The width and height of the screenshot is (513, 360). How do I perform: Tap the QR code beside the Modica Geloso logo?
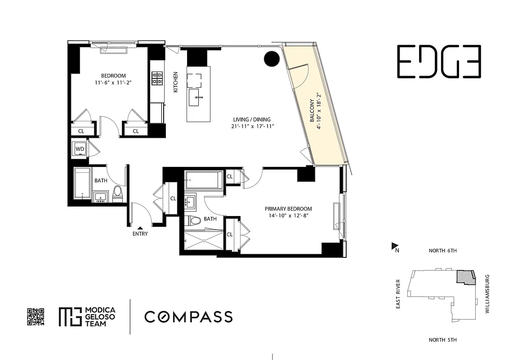[x=36, y=316]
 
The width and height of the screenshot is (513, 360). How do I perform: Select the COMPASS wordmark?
[x=188, y=317]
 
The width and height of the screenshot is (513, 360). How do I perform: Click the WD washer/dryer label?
[x=80, y=148]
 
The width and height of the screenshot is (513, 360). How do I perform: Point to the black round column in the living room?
[x=272, y=58]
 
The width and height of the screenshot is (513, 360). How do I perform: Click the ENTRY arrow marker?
[x=140, y=228]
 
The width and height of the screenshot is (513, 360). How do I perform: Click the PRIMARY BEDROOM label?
[x=288, y=209]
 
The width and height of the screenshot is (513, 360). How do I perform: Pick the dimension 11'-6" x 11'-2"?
[x=113, y=83]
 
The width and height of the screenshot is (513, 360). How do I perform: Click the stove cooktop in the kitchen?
[x=156, y=78]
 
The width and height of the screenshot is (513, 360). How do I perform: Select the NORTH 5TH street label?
[x=442, y=340]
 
